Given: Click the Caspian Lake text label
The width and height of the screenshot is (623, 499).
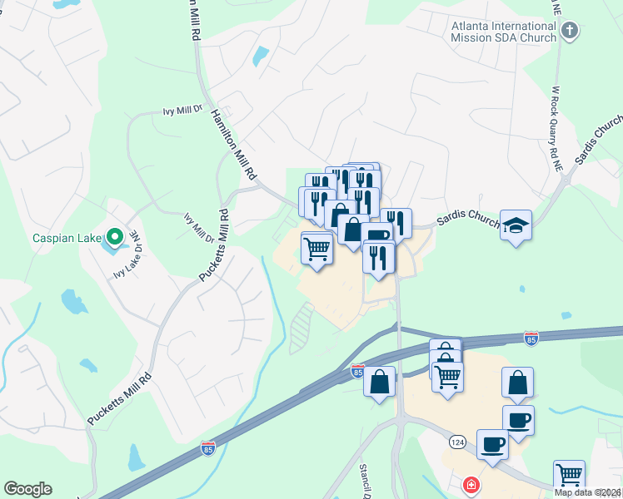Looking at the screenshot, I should (67, 238).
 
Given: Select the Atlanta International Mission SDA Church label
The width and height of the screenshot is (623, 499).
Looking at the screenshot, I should (503, 31).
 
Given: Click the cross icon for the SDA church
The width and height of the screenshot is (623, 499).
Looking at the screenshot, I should (570, 32).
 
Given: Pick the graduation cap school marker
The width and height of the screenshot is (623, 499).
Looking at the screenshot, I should (516, 225).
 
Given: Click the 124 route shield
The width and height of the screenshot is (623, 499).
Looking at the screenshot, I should (456, 441).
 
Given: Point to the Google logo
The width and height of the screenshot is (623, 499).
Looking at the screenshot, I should (27, 489).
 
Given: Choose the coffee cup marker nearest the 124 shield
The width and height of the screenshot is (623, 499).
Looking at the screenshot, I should (492, 443).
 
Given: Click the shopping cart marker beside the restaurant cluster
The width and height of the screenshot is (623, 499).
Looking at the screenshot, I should (316, 247).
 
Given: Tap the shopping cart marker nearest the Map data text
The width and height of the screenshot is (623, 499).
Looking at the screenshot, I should (569, 475).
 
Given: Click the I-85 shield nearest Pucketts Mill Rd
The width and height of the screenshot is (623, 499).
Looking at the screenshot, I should (207, 448).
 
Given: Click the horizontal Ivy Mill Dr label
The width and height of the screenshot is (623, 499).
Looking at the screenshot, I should (182, 110).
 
